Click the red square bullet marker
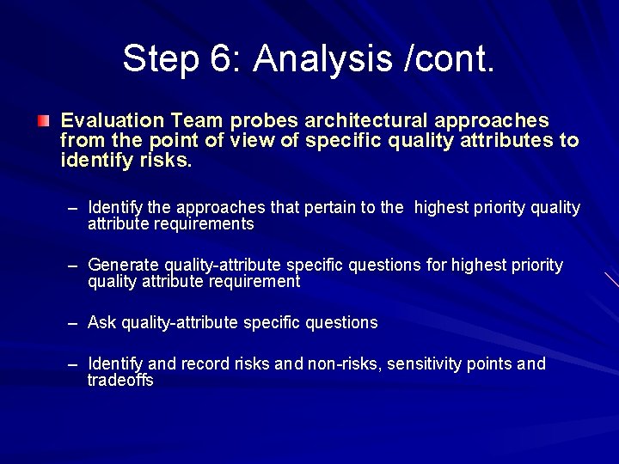coord(44,120)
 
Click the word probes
coord(266,120)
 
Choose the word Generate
coord(123,266)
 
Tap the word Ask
coord(102,323)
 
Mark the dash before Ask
coord(75,323)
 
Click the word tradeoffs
coord(120,381)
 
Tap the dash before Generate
coord(75,266)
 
